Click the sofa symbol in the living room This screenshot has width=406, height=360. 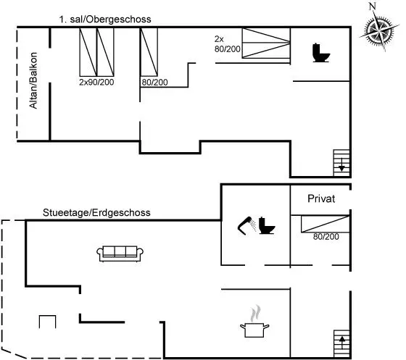(x=120, y=254)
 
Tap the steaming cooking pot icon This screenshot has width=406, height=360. (x=254, y=322)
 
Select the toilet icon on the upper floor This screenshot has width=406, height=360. (x=321, y=53)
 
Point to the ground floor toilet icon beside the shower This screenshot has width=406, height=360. (x=267, y=225)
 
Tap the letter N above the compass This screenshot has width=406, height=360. (x=373, y=7)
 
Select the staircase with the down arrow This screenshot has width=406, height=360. (x=341, y=163)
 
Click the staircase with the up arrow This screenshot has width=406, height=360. (x=341, y=344)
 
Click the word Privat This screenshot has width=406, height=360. (x=321, y=198)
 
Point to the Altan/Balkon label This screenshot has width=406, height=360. (x=33, y=80)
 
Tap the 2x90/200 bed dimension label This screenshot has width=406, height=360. (x=96, y=82)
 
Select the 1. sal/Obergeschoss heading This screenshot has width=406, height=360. (x=105, y=20)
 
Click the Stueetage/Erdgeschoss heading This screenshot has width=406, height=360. (x=96, y=212)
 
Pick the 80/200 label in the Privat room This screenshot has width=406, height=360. (x=326, y=236)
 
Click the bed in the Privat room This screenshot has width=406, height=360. (x=325, y=224)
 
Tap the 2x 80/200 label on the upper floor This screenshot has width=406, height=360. (x=227, y=44)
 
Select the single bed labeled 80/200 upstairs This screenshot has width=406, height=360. (x=149, y=52)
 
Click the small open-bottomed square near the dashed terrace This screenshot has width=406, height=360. (x=47, y=322)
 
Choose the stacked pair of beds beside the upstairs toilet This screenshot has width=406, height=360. (x=266, y=43)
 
